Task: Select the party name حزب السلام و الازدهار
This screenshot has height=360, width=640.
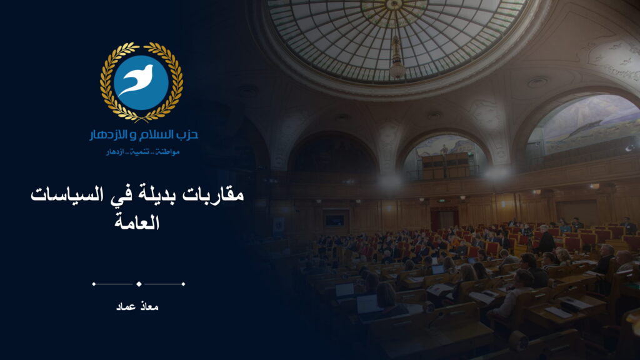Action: tap(144, 135)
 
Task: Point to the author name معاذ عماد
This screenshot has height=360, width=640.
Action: tap(137, 306)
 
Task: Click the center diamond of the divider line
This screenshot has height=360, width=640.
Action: tap(139, 284)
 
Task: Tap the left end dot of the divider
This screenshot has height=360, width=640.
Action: tap(94, 284)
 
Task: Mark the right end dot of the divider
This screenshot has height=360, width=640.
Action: tap(183, 284)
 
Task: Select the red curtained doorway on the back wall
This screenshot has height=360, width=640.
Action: tap(444, 218)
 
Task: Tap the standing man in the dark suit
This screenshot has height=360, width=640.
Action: tap(545, 241)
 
